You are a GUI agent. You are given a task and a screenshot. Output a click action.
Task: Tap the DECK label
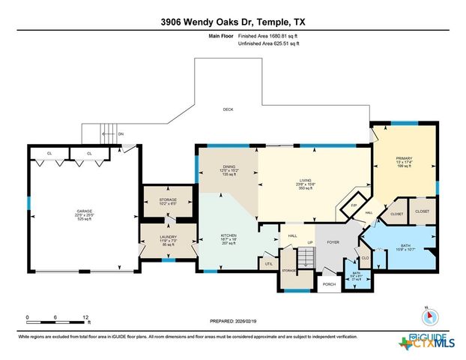228,109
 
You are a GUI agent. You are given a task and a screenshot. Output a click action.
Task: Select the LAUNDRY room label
168,237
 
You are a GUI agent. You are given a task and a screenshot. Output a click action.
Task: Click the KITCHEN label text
229,235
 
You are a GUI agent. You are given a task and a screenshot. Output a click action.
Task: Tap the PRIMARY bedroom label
404,158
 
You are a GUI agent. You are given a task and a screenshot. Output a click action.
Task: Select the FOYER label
333,241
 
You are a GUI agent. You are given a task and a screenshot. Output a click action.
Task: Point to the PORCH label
329,284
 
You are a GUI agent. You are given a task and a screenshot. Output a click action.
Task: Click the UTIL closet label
268,263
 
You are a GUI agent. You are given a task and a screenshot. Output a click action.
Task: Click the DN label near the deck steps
121,134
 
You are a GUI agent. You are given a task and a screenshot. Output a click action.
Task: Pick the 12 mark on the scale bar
87,317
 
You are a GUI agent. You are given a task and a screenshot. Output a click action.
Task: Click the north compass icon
426,315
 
